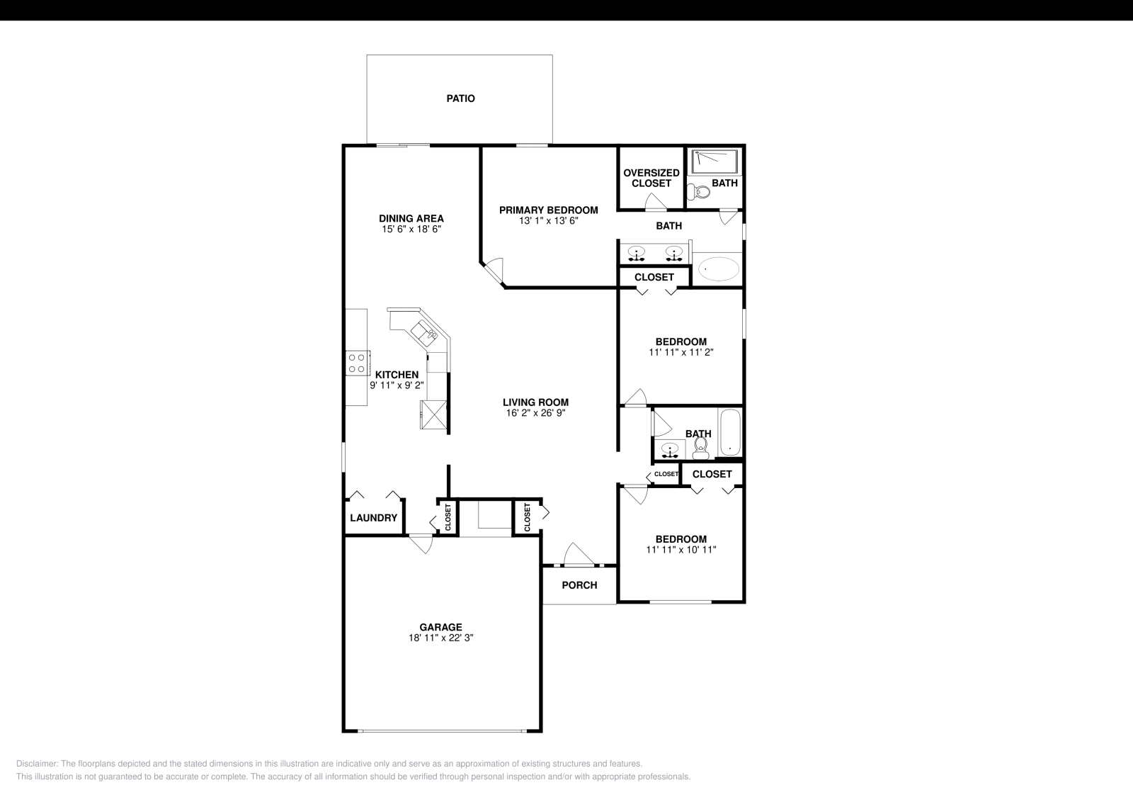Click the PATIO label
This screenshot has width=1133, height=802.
460,98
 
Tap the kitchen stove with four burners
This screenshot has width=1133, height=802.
356,363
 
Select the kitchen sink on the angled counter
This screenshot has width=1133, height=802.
424,331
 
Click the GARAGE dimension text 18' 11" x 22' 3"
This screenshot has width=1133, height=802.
440,638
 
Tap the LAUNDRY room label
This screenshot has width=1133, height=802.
373,518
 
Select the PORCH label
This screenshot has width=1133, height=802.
579,585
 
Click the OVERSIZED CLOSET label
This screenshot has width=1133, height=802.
651,178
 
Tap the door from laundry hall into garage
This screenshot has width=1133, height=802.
421,543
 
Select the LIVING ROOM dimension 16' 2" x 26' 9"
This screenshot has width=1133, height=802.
535,412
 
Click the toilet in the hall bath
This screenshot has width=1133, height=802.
701,445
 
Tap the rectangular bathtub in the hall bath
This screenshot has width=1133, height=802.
729,433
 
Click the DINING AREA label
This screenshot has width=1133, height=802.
411,218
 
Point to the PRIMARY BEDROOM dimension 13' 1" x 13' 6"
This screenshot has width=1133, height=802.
548,221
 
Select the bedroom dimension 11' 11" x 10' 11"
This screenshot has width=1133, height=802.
681,549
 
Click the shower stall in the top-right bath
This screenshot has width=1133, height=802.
715,161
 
